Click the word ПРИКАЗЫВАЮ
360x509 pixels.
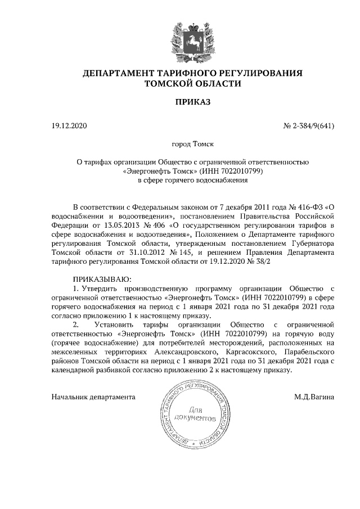[x=102, y=279]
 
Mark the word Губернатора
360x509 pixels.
[x=307, y=244]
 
